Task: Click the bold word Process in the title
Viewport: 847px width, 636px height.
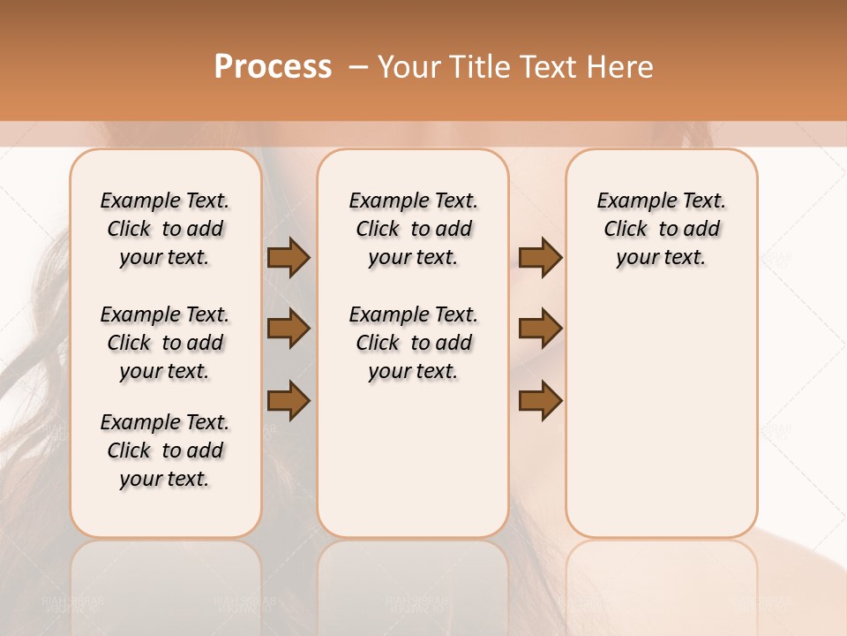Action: (x=273, y=67)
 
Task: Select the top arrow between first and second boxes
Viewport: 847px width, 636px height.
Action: (x=289, y=258)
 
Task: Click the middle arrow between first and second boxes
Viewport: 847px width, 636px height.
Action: (x=289, y=329)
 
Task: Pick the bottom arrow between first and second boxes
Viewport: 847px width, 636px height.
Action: (x=289, y=400)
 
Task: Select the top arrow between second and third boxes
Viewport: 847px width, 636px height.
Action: (x=540, y=258)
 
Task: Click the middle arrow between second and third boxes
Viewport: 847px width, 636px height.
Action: (x=540, y=329)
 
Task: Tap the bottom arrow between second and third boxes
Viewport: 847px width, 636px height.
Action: (x=540, y=400)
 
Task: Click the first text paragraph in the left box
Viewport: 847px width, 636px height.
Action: (x=165, y=229)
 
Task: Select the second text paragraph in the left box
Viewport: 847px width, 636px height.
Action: (x=165, y=343)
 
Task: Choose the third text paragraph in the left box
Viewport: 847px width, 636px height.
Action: (x=165, y=450)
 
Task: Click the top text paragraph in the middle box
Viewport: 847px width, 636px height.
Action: (x=413, y=229)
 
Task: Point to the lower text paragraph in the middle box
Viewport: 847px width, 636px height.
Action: (x=413, y=343)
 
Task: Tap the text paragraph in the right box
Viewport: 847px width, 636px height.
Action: (x=661, y=229)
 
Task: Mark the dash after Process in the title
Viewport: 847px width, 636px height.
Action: (x=358, y=67)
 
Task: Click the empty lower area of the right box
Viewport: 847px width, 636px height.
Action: (x=661, y=415)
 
